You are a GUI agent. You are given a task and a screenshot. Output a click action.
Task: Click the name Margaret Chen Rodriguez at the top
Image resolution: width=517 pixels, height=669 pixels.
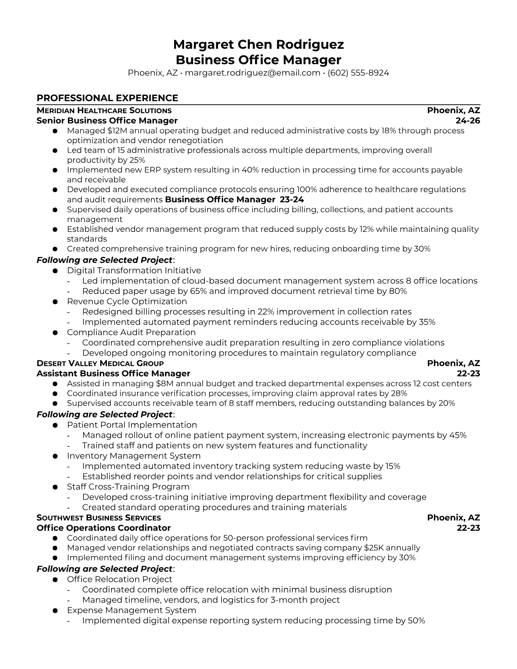point(258,44)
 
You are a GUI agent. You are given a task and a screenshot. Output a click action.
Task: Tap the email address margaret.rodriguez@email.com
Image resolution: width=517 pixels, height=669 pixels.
point(252,73)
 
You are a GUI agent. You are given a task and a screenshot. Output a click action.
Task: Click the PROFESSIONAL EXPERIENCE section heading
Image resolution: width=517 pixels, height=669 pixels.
point(107,98)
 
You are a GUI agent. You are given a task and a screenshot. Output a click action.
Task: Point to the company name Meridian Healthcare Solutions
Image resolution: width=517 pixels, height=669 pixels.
point(104,111)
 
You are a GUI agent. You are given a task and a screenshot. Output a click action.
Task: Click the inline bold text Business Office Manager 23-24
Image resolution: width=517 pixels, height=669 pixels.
point(234,199)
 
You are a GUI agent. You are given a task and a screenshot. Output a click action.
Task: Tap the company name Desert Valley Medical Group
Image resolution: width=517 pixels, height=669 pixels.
point(100,363)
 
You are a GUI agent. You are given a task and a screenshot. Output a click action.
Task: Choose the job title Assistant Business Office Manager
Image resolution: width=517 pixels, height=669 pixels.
point(113,373)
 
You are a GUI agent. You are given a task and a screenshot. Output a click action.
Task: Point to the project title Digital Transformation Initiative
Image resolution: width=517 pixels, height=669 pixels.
point(134,270)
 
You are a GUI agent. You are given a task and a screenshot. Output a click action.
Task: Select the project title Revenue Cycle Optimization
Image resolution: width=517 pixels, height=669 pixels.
point(127,301)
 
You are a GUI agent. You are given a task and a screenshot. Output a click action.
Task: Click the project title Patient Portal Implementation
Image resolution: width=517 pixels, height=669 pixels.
point(132,425)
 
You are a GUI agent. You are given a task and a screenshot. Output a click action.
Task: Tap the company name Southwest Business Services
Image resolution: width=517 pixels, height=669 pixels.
point(99,518)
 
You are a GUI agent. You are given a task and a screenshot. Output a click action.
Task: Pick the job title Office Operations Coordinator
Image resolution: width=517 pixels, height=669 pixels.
point(103,528)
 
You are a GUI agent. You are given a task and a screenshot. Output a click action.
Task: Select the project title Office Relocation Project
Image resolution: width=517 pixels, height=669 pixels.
point(120,579)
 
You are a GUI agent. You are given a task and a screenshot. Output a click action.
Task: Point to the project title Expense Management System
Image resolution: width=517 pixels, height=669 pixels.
point(131,610)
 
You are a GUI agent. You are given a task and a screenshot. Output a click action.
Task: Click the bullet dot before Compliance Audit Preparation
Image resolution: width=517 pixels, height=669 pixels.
point(55,333)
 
